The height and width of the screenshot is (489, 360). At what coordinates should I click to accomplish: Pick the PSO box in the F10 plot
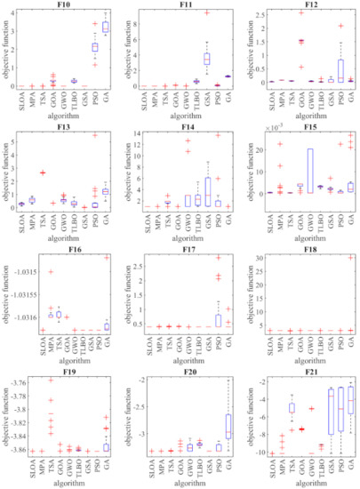[95, 46]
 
